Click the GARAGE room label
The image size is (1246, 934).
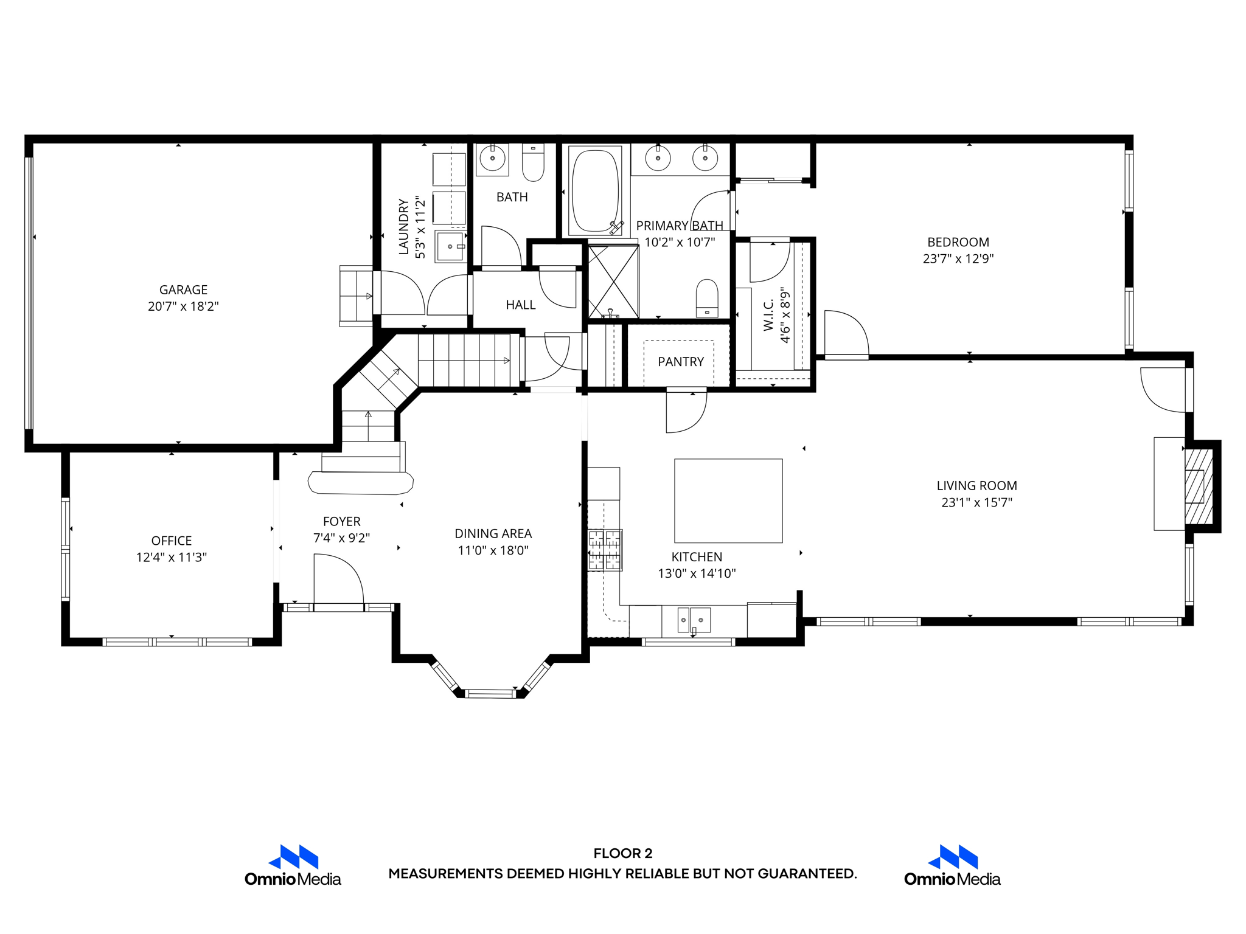point(183,290)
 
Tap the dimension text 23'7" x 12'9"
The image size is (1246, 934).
point(958,259)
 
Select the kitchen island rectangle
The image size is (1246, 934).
point(728,500)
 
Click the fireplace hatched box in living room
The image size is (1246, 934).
point(1198,486)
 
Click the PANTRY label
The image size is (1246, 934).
point(680,362)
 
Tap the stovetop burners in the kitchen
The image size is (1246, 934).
point(604,550)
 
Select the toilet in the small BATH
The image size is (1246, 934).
point(533,163)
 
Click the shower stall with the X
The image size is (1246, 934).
point(613,282)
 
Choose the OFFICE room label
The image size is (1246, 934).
point(172,541)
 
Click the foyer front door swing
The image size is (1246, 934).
point(338,581)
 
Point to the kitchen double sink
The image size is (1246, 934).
point(694,620)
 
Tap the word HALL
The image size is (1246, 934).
point(521,305)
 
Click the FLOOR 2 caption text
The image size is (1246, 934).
point(622,853)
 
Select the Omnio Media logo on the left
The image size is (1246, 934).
point(293,865)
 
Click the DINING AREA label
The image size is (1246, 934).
point(493,533)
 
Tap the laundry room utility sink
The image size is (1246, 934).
point(450,246)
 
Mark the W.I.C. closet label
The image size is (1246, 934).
point(768,316)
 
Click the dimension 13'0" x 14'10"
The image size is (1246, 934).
point(697,573)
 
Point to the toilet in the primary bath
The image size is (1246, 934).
point(706,298)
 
